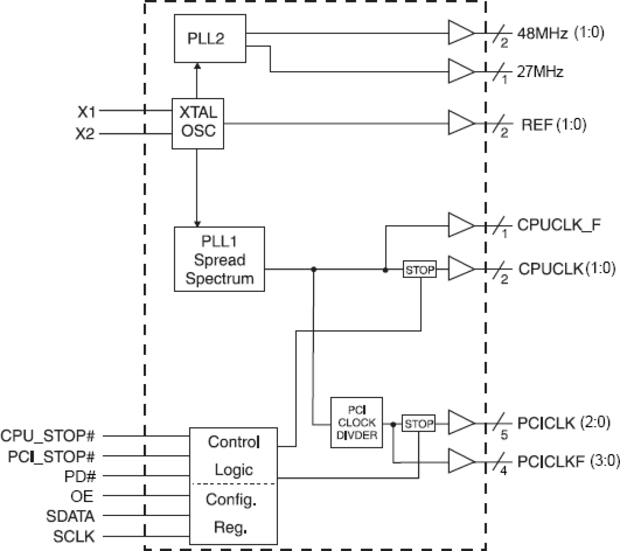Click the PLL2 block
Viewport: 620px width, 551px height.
[210, 39]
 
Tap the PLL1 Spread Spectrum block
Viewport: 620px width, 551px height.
[219, 259]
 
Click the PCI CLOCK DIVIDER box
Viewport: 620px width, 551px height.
[356, 423]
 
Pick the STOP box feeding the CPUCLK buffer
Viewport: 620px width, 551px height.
[420, 270]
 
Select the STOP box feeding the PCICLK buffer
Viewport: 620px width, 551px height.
[419, 424]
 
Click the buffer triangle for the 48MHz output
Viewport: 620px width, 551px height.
[460, 33]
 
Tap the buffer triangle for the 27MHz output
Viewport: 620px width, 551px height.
[460, 72]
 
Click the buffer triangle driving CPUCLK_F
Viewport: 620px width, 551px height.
[460, 226]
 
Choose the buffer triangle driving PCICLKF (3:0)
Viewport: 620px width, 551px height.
[460, 462]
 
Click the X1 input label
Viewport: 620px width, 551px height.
[86, 113]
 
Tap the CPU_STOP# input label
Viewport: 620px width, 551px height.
[48, 436]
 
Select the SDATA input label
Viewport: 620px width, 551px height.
[70, 516]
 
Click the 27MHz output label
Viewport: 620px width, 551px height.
[540, 72]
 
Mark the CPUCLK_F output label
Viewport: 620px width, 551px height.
[559, 225]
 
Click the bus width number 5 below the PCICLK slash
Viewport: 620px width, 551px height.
[504, 435]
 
